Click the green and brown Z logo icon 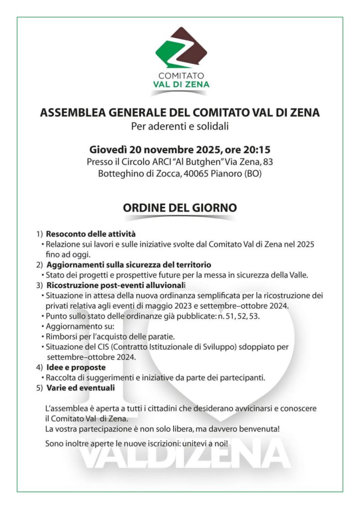[x=180, y=50]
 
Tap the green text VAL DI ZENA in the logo [x=180, y=85]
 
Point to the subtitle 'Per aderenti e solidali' [x=180, y=126]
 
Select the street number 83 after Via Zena [x=268, y=162]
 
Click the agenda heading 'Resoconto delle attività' [x=91, y=234]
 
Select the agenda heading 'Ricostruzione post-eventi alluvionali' [x=115, y=285]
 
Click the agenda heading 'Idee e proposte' [x=76, y=367]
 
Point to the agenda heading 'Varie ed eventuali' [x=81, y=387]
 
